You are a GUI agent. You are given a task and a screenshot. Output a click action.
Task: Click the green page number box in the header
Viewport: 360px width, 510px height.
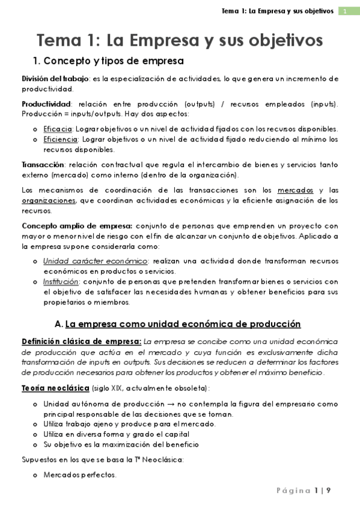(x=346, y=11)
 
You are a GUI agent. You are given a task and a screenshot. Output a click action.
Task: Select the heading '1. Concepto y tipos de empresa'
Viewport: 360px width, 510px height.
(x=108, y=61)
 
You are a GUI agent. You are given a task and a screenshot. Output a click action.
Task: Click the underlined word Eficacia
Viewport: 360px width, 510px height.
(x=58, y=129)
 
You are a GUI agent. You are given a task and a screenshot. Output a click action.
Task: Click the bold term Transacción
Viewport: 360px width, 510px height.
(x=43, y=164)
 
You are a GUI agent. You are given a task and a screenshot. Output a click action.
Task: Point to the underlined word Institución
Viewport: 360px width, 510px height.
(x=61, y=281)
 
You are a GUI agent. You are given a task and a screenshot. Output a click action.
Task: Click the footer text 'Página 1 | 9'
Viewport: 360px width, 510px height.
(x=304, y=491)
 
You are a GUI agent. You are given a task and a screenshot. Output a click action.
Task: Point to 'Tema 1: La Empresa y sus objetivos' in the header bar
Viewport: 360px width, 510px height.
(x=278, y=11)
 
